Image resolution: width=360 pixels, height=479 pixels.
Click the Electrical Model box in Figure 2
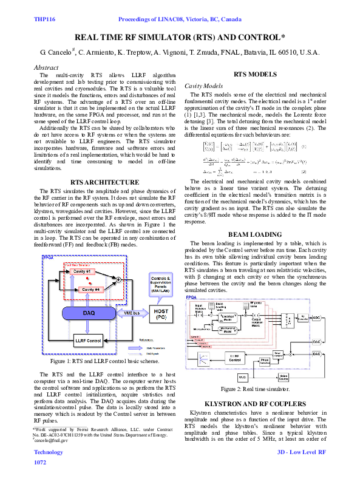coord(228,316)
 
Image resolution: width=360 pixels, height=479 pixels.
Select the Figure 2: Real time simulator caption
coord(255,389)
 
